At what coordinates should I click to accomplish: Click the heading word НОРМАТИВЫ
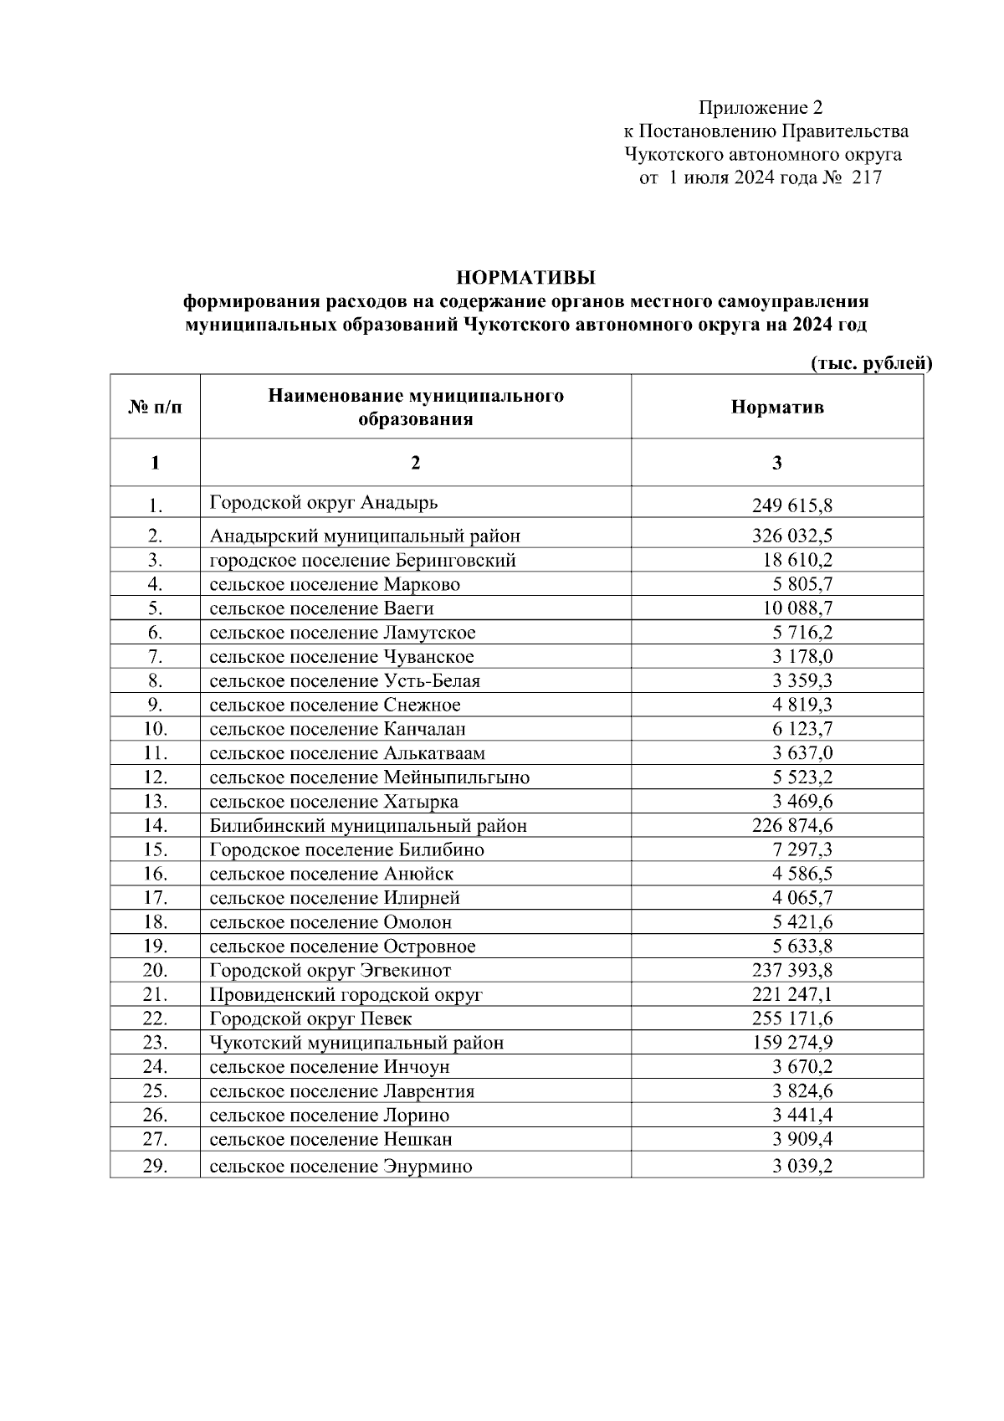(525, 277)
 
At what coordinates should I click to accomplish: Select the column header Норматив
(776, 408)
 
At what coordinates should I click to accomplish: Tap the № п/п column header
(155, 408)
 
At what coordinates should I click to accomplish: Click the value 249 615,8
(791, 505)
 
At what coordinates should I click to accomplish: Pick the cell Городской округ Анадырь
(324, 503)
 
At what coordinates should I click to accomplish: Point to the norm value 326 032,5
(791, 536)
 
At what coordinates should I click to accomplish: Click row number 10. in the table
(155, 729)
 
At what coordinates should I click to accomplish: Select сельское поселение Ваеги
(321, 608)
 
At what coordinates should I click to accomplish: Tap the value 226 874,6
(791, 826)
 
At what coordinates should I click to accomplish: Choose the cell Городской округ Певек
(310, 1019)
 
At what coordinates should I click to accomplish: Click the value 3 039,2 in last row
(802, 1167)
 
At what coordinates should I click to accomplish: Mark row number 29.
(155, 1166)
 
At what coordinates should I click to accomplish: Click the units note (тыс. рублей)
(871, 363)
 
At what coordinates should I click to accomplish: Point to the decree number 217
(866, 178)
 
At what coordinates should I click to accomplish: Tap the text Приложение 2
(761, 108)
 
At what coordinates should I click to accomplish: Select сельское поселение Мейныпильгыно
(369, 777)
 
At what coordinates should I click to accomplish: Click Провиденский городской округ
(346, 995)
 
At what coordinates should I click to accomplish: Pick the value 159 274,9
(791, 1044)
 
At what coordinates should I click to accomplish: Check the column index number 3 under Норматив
(776, 463)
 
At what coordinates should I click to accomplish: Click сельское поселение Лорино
(329, 1116)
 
